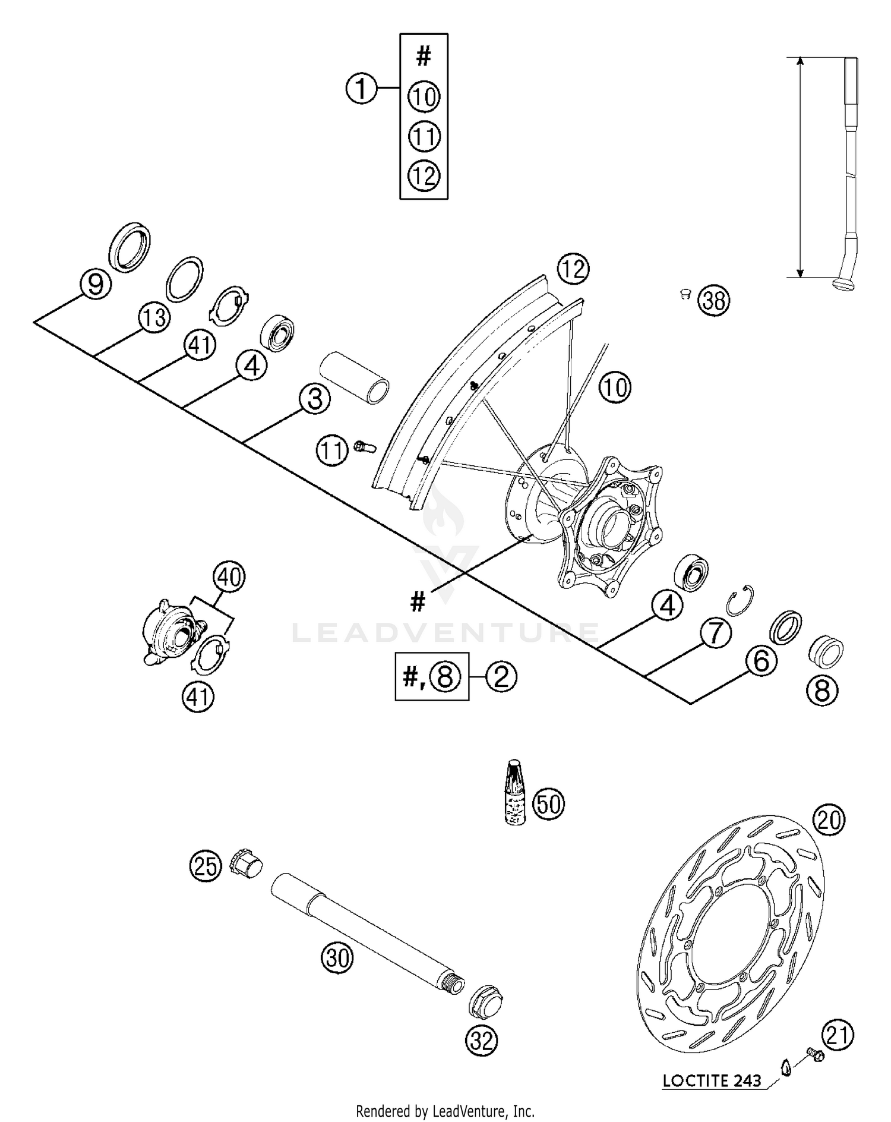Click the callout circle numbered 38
click(713, 301)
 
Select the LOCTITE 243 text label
click(712, 1081)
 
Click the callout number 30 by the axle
click(337, 958)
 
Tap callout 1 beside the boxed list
click(361, 89)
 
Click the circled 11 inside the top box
click(424, 137)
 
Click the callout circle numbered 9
click(96, 284)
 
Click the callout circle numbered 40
click(230, 577)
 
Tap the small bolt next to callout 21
click(814, 1055)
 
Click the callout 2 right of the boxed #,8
click(501, 676)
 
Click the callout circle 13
click(154, 318)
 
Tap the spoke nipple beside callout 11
click(362, 446)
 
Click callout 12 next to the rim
click(573, 270)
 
